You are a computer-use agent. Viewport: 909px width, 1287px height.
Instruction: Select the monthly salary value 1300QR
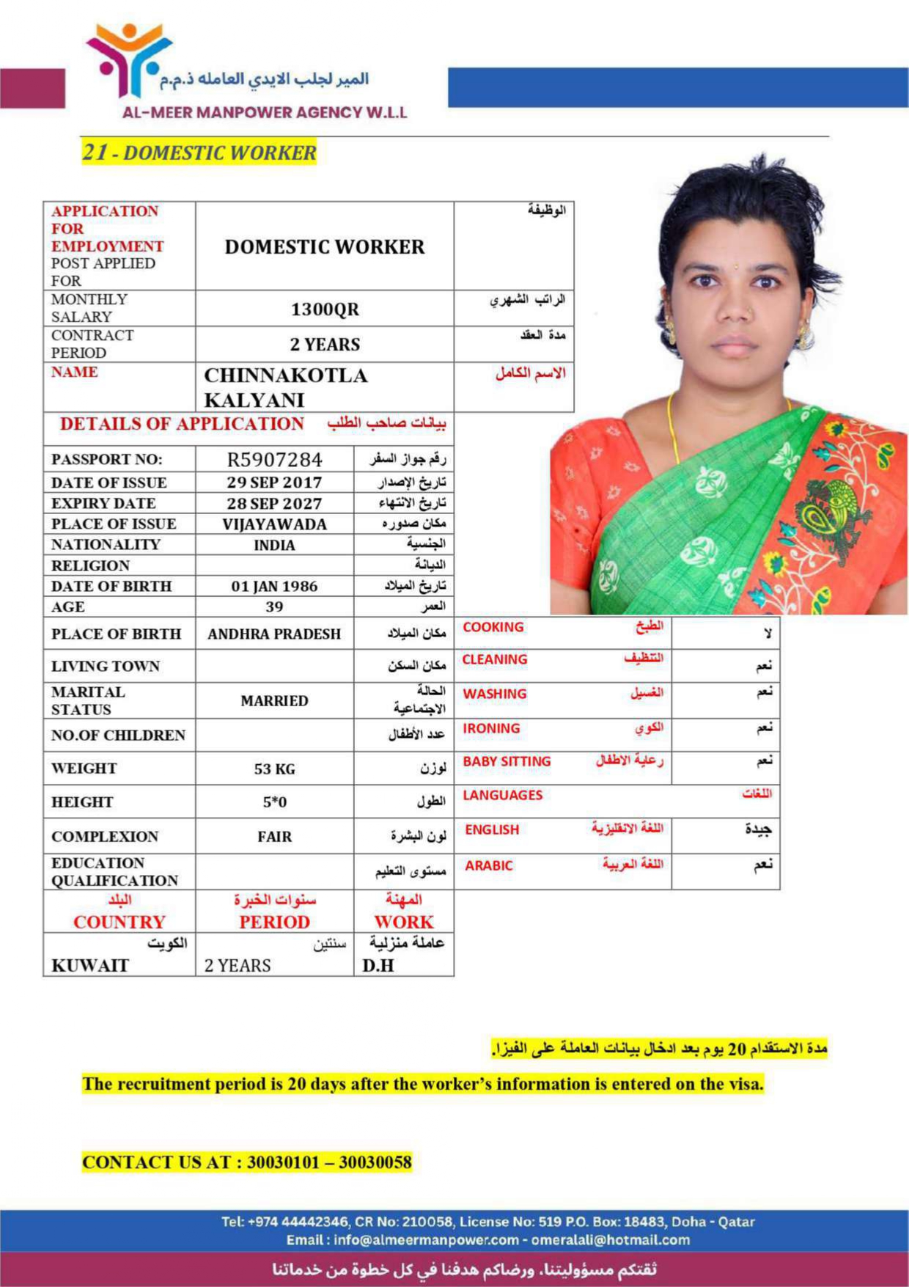point(325,309)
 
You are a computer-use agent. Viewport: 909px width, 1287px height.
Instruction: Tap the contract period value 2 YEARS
point(325,345)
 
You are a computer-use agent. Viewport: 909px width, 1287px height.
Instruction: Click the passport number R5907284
point(274,460)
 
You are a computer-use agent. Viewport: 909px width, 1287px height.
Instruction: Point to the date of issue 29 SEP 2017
point(274,483)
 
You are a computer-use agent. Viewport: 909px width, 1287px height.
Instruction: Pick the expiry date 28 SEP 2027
point(274,504)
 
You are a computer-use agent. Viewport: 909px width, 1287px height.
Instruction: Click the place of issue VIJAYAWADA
point(274,524)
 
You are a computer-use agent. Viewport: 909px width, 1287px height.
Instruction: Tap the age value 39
point(274,607)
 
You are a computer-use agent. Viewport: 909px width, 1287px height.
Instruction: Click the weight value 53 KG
point(274,769)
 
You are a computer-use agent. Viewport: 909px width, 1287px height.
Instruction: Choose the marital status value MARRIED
point(274,701)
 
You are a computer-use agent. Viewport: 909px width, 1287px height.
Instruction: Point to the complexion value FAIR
point(274,837)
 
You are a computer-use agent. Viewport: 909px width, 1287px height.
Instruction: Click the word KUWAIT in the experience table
point(90,966)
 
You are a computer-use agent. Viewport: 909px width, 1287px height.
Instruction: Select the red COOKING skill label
point(493,627)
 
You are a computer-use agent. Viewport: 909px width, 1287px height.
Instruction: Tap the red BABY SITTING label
point(507,762)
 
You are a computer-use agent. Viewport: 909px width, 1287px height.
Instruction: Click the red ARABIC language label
point(489,866)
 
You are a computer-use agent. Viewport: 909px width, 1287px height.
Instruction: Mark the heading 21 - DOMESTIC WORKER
point(199,153)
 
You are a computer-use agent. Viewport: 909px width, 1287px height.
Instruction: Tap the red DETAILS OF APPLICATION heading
point(182,424)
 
